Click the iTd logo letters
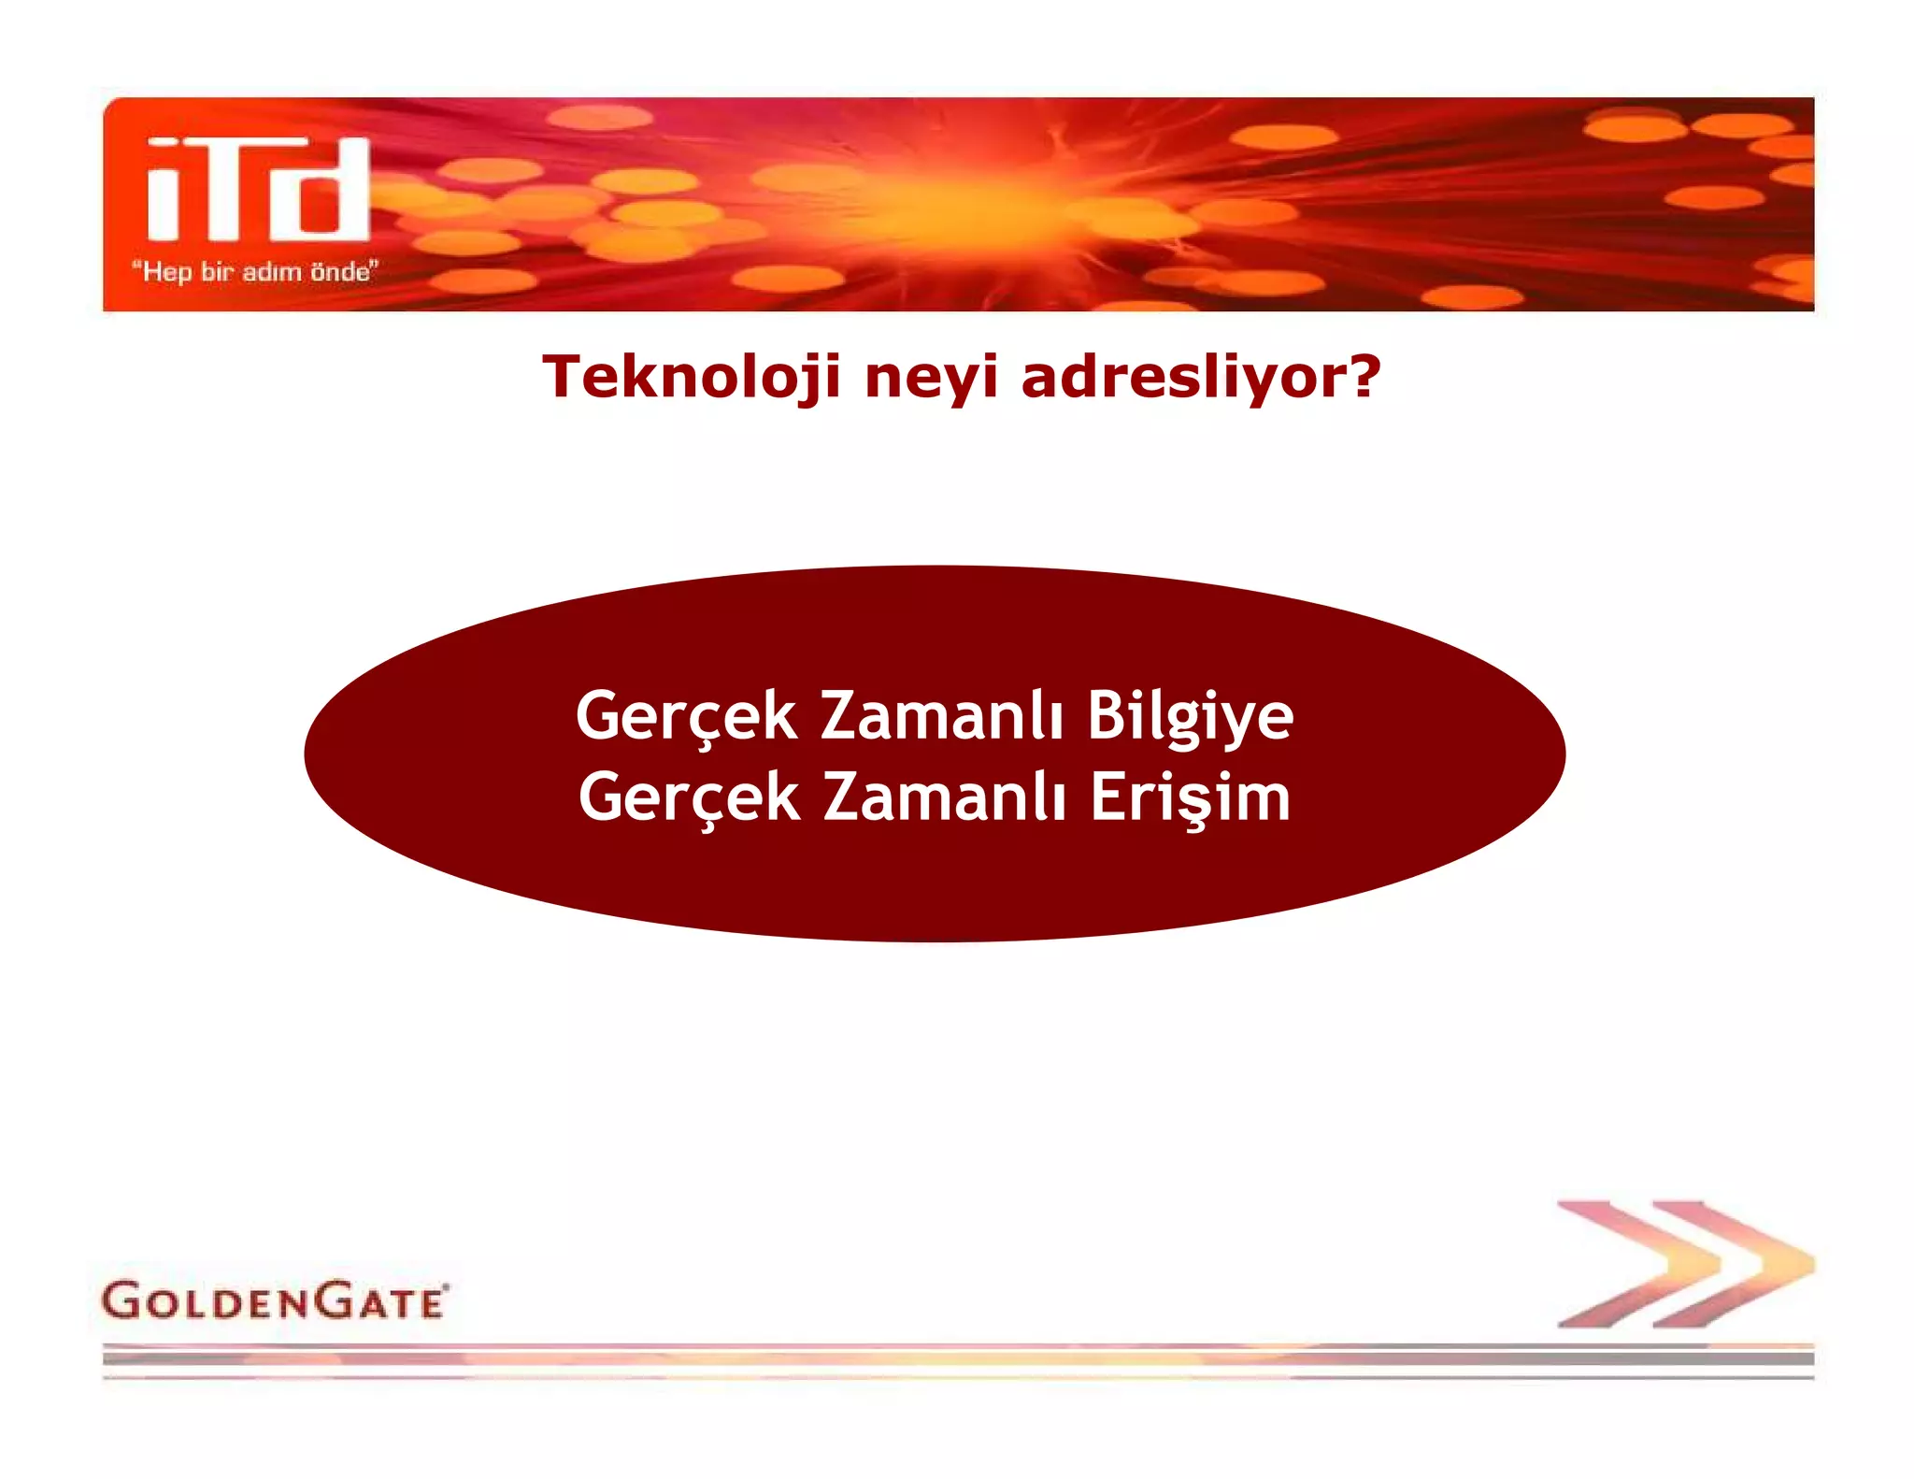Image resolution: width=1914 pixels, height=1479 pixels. click(x=258, y=190)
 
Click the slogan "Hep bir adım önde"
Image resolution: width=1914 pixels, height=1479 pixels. click(x=254, y=272)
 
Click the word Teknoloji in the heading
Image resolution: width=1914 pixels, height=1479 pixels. click(x=692, y=377)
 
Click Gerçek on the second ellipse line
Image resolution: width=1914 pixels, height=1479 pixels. click(x=689, y=799)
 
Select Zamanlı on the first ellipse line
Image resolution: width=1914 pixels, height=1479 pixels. click(x=941, y=716)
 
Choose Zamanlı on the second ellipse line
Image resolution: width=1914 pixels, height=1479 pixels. click(x=944, y=797)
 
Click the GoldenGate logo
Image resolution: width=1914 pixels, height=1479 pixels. click(x=275, y=1300)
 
